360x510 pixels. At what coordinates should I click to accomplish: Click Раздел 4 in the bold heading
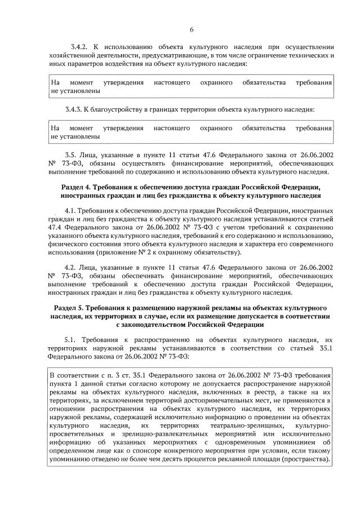point(77,187)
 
